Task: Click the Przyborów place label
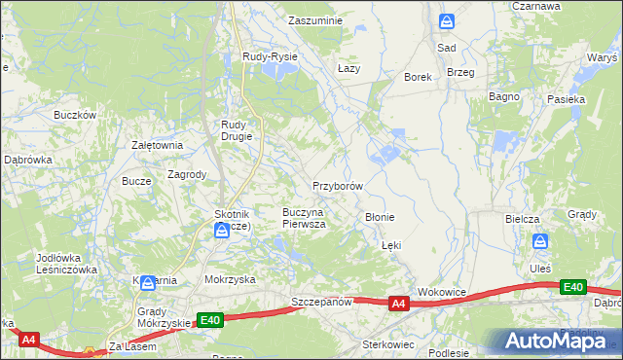point(338,185)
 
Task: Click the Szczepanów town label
point(321,303)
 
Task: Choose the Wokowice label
point(443,291)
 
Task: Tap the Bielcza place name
point(522,219)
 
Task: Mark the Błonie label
point(379,217)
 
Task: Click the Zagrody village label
point(187,175)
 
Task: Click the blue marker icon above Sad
point(446,20)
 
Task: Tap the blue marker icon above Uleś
point(540,241)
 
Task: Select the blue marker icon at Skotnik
point(222,231)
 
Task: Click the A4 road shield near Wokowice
point(398,305)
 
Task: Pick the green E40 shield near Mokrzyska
point(209,319)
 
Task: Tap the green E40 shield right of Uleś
point(573,287)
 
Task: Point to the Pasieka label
point(566,99)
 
